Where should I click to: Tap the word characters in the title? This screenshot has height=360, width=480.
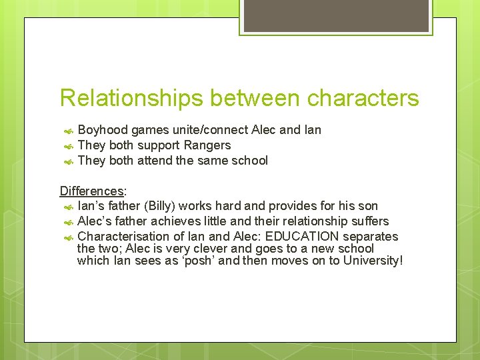pyautogui.click(x=363, y=99)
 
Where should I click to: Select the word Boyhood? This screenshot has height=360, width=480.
pyautogui.click(x=103, y=130)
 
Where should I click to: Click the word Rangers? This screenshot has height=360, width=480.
pyautogui.click(x=207, y=145)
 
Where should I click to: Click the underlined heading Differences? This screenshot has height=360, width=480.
pyautogui.click(x=91, y=191)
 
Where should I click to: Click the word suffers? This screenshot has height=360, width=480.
pyautogui.click(x=369, y=221)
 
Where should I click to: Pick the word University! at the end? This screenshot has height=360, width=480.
pyautogui.click(x=373, y=261)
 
